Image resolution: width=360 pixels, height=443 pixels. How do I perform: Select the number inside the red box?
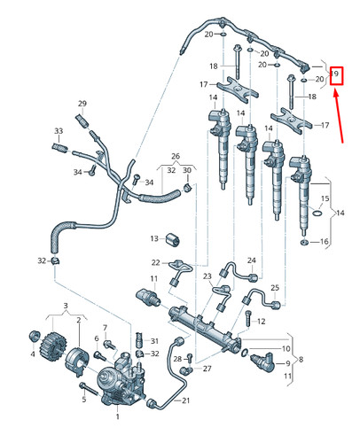[336, 76]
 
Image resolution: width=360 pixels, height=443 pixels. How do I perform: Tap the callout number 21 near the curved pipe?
[186, 401]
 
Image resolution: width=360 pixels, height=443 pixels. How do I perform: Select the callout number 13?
[153, 238]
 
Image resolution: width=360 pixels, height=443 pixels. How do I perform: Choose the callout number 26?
[176, 154]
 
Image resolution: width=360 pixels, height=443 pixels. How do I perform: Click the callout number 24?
[251, 260]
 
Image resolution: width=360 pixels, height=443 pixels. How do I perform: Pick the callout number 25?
[274, 289]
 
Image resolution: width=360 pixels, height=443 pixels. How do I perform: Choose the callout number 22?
[154, 262]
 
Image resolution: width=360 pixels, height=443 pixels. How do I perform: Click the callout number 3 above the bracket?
[65, 306]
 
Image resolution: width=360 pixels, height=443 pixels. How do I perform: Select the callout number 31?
[153, 341]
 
